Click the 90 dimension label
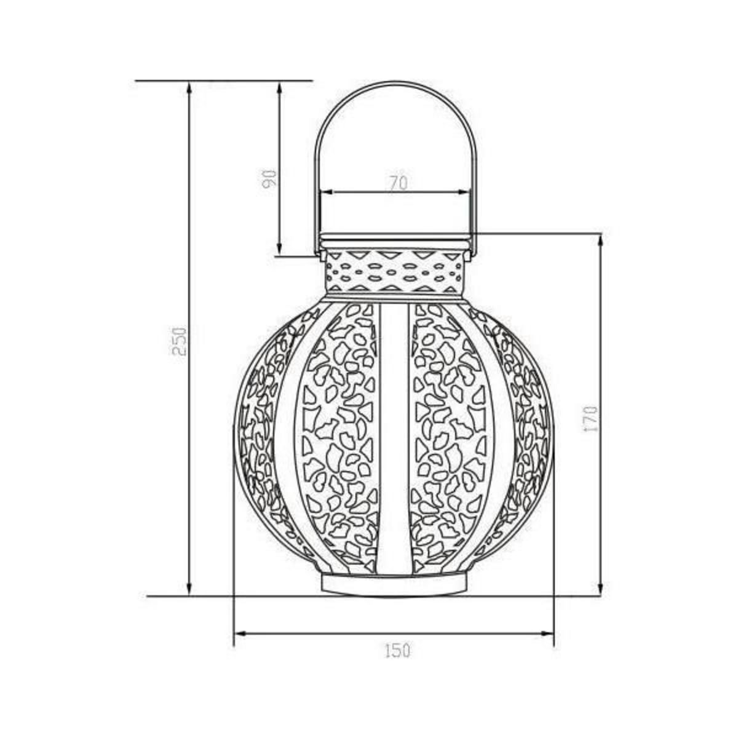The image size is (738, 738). coord(269,178)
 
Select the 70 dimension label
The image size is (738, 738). coord(399,183)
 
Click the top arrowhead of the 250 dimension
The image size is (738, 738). coord(189,87)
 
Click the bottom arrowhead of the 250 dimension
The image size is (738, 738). coord(189,600)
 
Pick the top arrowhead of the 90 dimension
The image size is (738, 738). coord(280,87)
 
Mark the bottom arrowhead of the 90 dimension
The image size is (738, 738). coord(280,249)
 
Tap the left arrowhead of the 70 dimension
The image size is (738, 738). coord(327,192)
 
